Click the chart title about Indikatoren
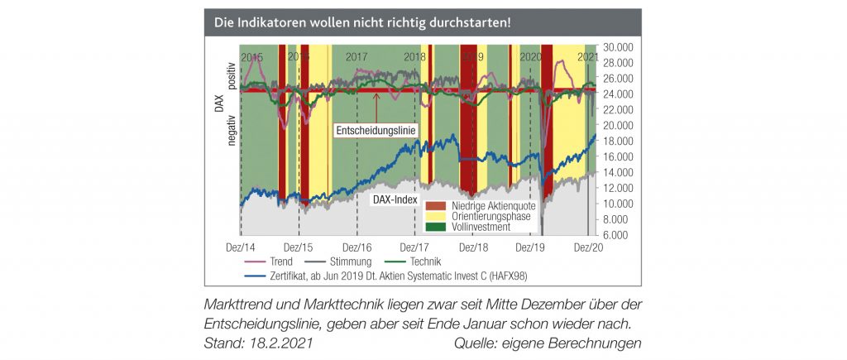361,22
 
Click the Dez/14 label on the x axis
240,247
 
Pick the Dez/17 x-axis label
414,247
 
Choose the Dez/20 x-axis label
587,247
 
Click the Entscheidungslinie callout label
375,130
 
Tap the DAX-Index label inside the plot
394,200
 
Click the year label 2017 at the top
357,57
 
